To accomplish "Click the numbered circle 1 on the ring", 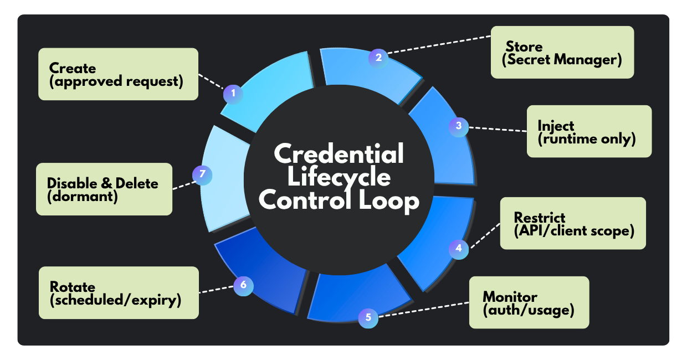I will pos(233,93).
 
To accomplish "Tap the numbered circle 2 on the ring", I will pos(378,57).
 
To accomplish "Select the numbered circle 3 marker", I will pos(459,126).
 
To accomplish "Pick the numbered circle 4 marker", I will pos(458,248).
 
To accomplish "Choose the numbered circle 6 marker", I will pos(243,286).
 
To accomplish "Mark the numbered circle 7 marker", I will pos(202,174).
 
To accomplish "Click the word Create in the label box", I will pos(73,68).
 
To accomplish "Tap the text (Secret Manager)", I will pos(562,59).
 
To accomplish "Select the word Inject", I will pos(556,126).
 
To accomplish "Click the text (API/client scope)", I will pos(574,230).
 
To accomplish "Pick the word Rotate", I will pos(73,287).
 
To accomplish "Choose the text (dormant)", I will pos(83,196).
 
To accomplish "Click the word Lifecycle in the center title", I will pos(339,177).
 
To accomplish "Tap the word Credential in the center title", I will pos(339,153).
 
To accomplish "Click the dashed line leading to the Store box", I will pos(438,45).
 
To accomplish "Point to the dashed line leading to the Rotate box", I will pos(216,289).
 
